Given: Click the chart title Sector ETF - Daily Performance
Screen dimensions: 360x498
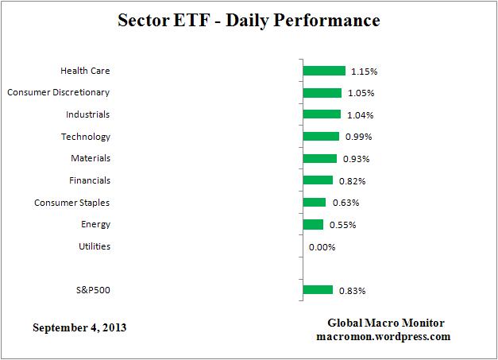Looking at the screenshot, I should (249, 20).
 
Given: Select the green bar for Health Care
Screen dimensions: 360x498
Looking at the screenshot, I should (324, 71).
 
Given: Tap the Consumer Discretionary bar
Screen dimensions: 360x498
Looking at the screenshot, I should (322, 93).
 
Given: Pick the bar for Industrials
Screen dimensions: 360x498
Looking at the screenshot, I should (322, 114).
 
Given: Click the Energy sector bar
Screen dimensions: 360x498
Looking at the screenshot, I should (313, 224).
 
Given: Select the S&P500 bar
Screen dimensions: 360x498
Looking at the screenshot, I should (318, 290).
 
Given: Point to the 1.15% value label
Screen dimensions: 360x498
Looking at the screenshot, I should (363, 72).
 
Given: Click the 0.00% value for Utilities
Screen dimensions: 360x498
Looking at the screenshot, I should (322, 246).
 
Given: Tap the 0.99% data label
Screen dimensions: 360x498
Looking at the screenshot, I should (357, 137).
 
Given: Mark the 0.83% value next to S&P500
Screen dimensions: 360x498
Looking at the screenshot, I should (351, 291).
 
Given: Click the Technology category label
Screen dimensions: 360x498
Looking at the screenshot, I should (86, 137).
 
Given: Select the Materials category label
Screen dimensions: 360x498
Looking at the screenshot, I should (90, 158).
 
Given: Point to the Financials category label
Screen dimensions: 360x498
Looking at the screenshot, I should (89, 180).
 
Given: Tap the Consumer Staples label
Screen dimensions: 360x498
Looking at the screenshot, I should (71, 203).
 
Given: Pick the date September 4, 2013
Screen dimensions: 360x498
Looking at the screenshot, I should (79, 327).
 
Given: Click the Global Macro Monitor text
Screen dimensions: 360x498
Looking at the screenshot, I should (386, 323).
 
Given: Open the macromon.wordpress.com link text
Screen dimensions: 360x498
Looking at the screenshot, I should (383, 336).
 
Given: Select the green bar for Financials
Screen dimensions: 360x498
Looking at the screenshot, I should (318, 180).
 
